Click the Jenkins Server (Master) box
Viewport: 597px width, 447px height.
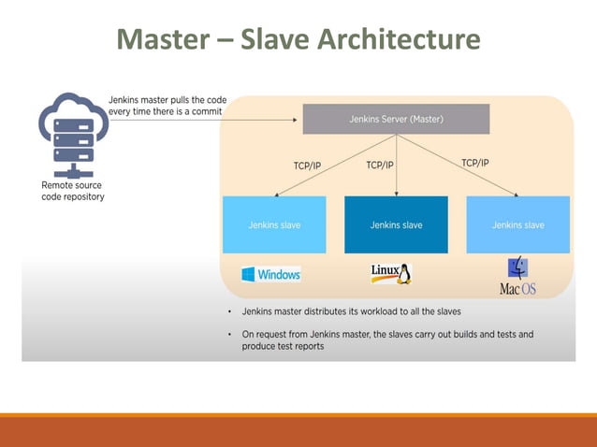tap(396, 119)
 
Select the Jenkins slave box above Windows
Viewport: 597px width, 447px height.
tap(274, 224)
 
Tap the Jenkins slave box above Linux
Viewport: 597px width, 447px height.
tap(396, 224)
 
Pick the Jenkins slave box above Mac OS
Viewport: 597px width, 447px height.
tap(517, 224)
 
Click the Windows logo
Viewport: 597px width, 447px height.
tap(270, 274)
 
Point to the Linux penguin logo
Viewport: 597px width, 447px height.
tap(392, 273)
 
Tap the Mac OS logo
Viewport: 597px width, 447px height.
tap(517, 277)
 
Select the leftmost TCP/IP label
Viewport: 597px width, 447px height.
tap(307, 166)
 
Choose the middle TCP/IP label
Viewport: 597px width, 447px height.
tap(379, 165)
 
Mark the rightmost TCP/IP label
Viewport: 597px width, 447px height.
tap(474, 163)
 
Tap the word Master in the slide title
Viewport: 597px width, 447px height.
tap(160, 39)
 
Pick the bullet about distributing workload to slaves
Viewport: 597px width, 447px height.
tap(351, 310)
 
